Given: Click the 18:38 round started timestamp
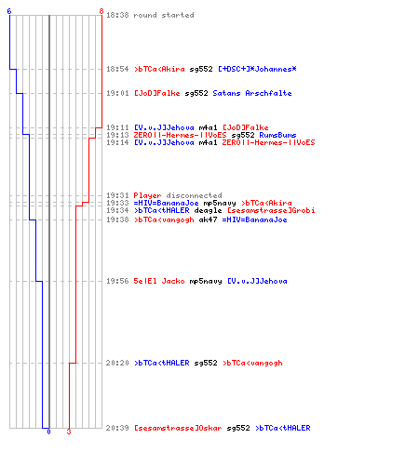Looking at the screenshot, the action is pos(117,15).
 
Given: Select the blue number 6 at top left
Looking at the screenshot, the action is pos(9,11).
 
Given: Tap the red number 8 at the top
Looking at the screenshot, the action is pos(101,11).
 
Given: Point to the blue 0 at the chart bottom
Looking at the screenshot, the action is pos(48,432).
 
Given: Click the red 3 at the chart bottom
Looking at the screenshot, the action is pos(69,432).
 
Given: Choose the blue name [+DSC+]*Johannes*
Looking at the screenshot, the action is pos(257,69).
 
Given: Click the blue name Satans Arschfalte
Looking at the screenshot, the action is pos(252,93).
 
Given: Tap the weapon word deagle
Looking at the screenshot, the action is pos(208,210).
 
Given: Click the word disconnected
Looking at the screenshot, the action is pos(194,195).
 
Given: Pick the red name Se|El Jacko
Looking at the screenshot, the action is pos(159,281).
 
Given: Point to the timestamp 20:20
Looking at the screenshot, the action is pos(117,363).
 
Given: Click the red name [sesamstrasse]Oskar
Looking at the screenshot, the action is pos(178,428).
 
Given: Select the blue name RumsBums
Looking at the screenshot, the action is pos(277,135).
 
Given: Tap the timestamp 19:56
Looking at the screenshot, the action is pos(117,281).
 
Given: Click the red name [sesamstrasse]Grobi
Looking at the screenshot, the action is pos(271,210).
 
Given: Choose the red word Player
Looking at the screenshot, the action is pos(147,195).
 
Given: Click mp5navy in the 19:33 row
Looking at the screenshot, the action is pos(220,203).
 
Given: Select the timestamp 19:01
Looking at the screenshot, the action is pos(117,93).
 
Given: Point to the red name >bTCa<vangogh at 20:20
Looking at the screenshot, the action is pos(252,363).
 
